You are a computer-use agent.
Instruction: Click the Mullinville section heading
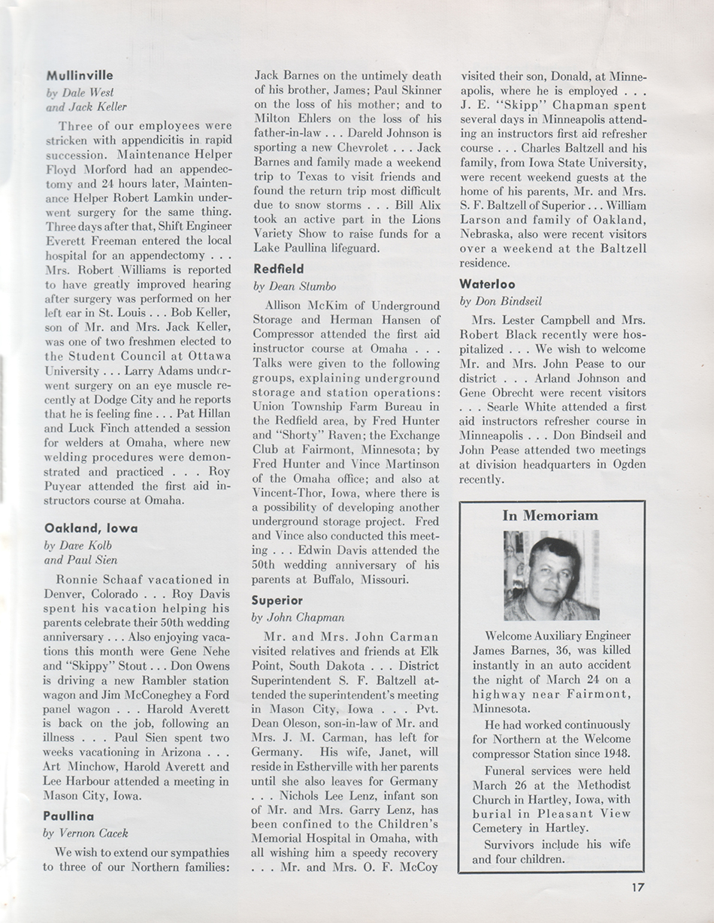[x=80, y=75]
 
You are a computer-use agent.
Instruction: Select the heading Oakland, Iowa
[x=91, y=528]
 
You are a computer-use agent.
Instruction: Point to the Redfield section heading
[x=277, y=268]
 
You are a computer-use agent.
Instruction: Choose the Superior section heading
[x=277, y=600]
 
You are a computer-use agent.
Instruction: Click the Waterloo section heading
[x=486, y=285]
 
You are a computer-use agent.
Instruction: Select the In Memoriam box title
[x=550, y=515]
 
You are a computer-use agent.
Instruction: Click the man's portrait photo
[x=551, y=575]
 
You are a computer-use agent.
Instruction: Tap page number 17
[x=638, y=886]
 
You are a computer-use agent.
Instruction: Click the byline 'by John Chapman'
[x=298, y=617]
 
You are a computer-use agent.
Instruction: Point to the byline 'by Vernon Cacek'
[x=86, y=833]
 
